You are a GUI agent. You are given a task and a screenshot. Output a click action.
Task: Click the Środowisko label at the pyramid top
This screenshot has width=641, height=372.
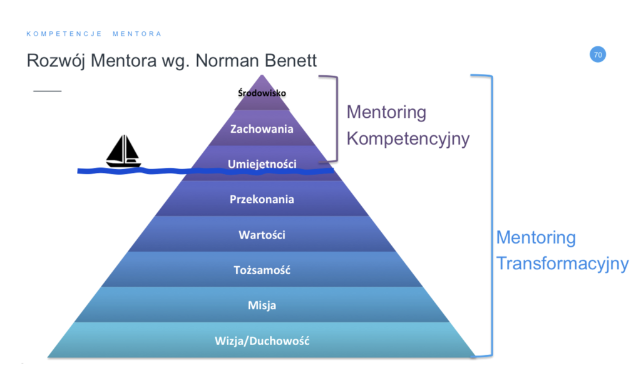262,93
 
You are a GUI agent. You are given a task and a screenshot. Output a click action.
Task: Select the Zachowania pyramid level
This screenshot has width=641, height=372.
262,129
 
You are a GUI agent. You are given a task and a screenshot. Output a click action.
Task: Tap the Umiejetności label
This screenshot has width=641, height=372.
262,164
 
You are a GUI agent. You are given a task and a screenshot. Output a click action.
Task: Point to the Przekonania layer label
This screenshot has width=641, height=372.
262,199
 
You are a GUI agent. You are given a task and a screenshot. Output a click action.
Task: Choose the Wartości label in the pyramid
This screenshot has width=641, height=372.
262,235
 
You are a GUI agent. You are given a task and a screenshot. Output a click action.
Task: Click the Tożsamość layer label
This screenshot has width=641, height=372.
262,270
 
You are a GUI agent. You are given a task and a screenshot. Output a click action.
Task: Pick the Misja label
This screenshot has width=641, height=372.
262,306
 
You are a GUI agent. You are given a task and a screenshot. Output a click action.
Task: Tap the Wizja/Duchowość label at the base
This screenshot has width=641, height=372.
262,341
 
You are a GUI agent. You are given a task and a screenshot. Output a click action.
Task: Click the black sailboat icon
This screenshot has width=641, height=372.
123,152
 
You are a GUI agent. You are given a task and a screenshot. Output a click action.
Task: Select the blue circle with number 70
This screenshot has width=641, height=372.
598,54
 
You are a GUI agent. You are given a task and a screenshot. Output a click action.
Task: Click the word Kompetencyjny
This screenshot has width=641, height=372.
408,138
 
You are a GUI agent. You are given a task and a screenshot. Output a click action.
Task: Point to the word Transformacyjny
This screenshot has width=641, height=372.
562,264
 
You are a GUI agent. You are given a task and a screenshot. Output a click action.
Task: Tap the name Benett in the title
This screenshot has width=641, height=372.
290,61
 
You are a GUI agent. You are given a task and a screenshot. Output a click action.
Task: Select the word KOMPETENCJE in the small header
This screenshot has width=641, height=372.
64,34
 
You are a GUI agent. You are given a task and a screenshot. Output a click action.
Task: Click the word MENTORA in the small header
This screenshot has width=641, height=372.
137,34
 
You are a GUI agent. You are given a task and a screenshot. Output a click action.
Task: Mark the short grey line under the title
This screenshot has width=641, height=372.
48,91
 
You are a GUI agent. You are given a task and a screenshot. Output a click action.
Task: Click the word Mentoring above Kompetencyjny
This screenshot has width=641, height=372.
386,113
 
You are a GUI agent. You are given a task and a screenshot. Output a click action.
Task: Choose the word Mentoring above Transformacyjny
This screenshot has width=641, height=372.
536,237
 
